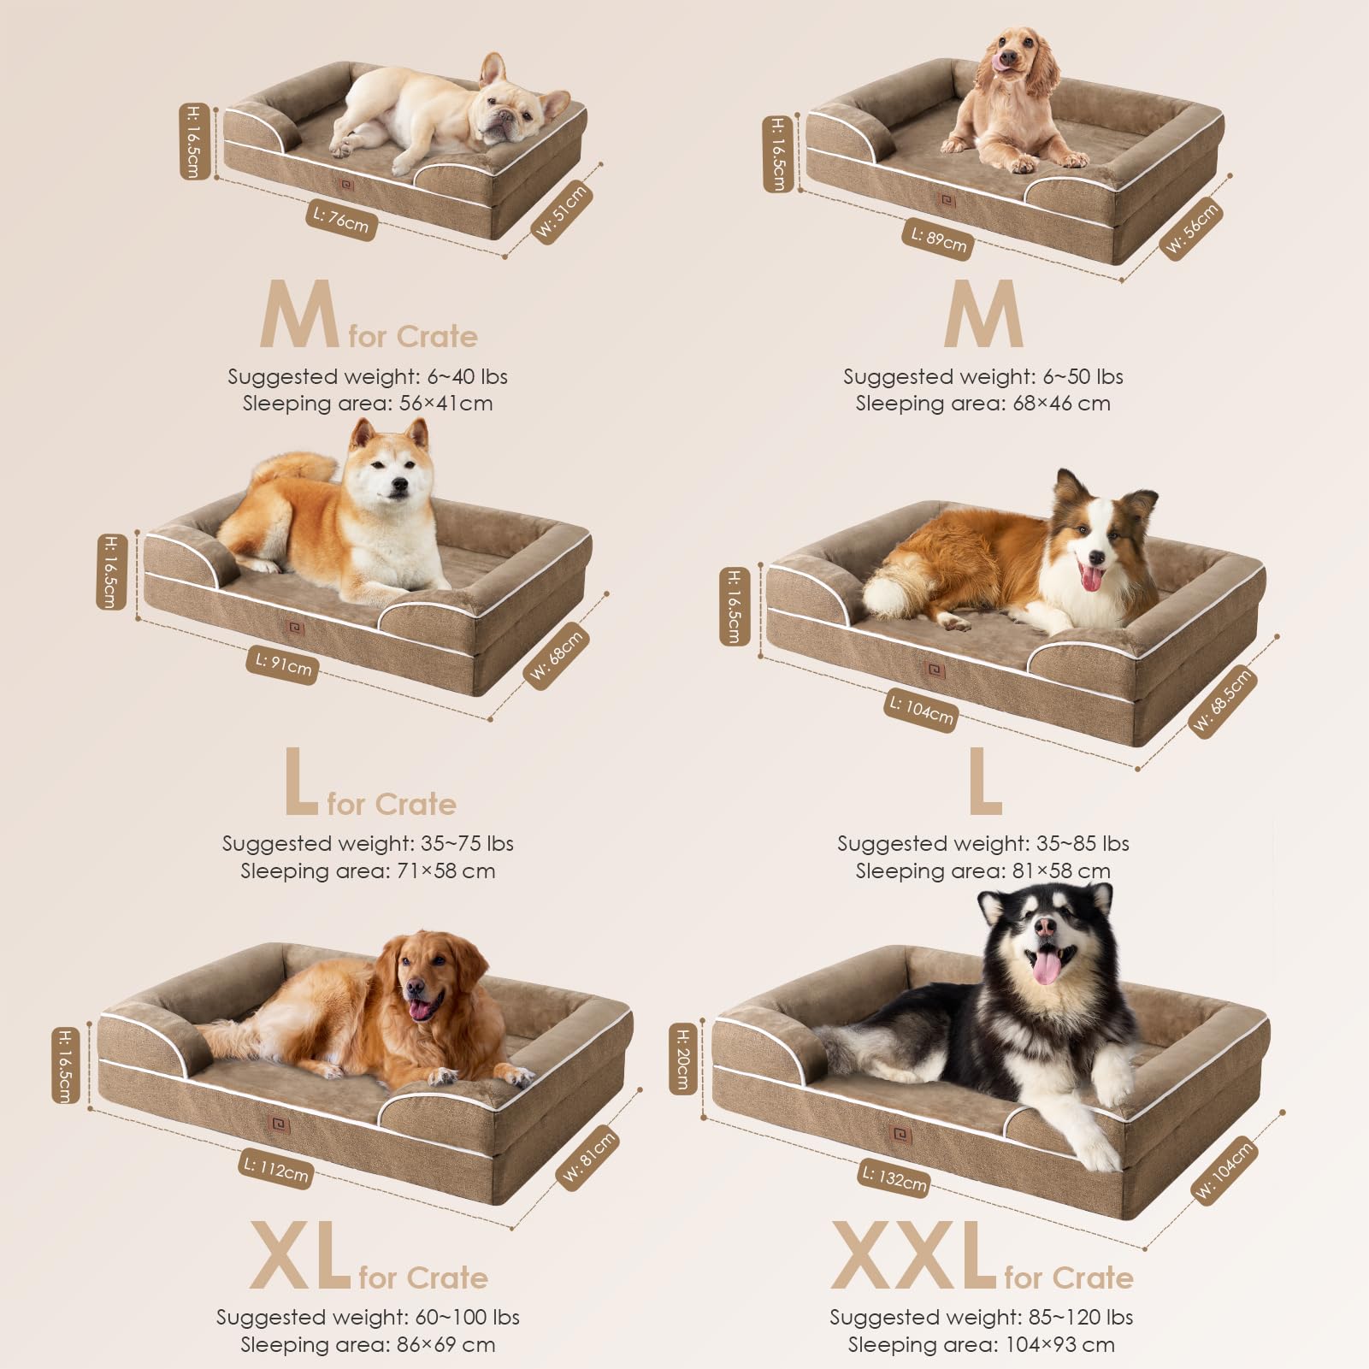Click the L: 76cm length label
(x=340, y=221)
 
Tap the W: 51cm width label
(x=562, y=210)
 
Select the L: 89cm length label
(x=938, y=239)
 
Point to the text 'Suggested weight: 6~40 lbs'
(x=368, y=376)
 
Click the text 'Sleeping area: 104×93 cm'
(x=981, y=1344)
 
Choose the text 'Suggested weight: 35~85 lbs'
(x=982, y=843)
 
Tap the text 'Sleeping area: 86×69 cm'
(x=368, y=1344)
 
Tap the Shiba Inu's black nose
(x=398, y=485)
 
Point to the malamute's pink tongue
(x=1046, y=967)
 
